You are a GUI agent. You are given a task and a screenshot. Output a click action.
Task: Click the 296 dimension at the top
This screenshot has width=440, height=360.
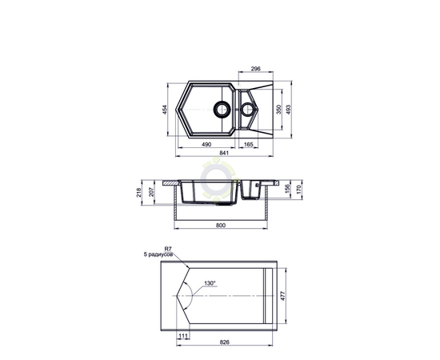[x=256, y=69]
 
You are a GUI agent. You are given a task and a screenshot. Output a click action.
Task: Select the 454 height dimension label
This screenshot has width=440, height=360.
[x=165, y=110]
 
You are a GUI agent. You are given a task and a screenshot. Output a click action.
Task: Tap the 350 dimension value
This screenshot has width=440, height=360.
[x=278, y=110]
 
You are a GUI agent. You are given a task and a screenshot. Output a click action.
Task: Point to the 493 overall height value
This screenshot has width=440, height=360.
[x=288, y=110]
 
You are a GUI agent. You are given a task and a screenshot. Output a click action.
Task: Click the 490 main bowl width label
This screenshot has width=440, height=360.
[x=206, y=145]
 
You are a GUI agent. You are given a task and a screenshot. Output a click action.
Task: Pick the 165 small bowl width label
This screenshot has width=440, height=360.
[x=248, y=145]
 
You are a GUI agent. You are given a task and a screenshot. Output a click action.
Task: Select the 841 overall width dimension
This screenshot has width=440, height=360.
[x=224, y=153]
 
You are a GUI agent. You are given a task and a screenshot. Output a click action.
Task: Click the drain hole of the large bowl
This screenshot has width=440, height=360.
[x=222, y=109]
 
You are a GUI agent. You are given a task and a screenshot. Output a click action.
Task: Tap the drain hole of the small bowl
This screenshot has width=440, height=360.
[x=248, y=109]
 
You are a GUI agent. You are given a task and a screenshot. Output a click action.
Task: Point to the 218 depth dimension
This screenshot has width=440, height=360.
[x=139, y=193]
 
